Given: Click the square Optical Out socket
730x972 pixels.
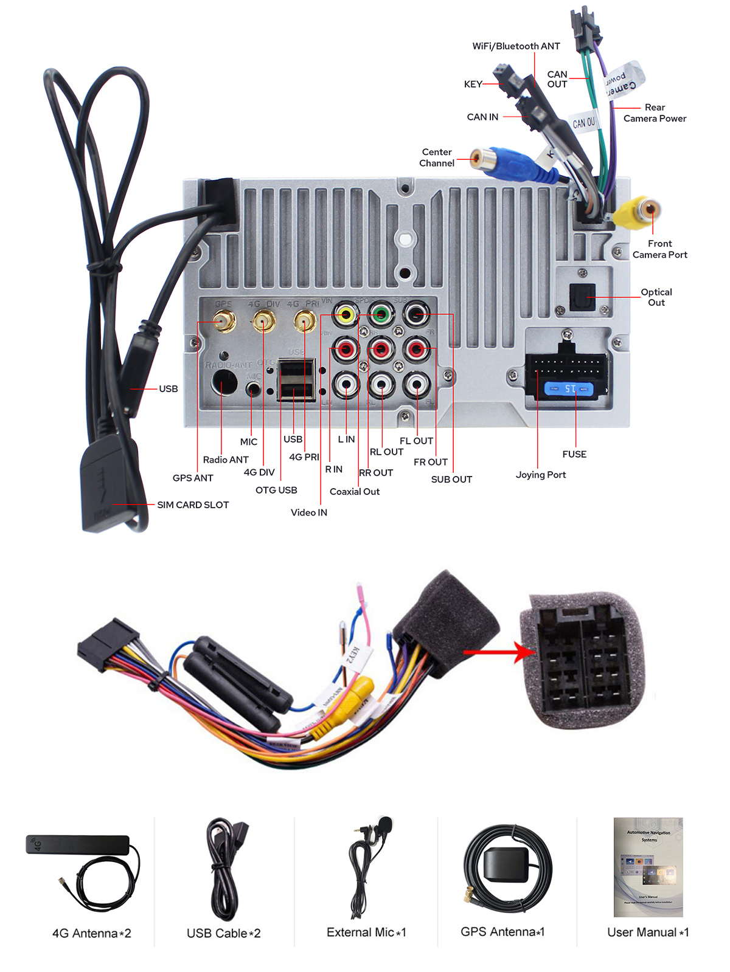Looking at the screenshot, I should (x=582, y=297).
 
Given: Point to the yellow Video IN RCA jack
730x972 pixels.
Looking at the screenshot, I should (x=346, y=314).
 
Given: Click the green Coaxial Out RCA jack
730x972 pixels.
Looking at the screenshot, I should (x=381, y=314).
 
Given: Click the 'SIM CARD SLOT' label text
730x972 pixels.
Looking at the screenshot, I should (x=193, y=505).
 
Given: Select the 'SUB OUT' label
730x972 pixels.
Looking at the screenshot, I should (x=451, y=479).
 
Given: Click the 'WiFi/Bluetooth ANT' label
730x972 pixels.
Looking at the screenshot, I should (x=516, y=46).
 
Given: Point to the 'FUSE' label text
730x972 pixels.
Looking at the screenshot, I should (x=574, y=454).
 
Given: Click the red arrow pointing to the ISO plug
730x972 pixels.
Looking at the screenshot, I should (x=499, y=652).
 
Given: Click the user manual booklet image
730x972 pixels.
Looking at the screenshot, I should (x=648, y=867).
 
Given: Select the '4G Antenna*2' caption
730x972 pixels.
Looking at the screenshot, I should (x=92, y=933).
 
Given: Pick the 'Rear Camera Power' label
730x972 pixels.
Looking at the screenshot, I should (x=655, y=113).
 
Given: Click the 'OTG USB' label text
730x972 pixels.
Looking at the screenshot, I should (x=276, y=490).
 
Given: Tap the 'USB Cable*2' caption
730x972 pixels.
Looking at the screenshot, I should (x=223, y=933).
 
